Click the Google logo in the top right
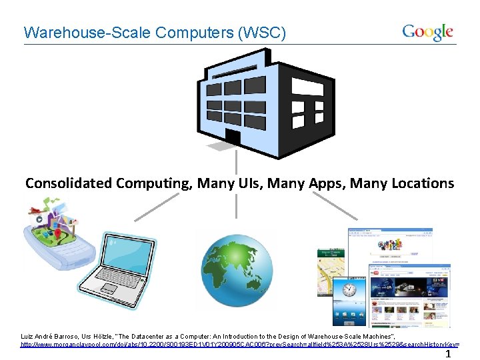427,31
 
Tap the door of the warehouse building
233,137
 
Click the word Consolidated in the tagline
69,183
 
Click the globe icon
234,269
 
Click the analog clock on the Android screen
349,291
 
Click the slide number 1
448,354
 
